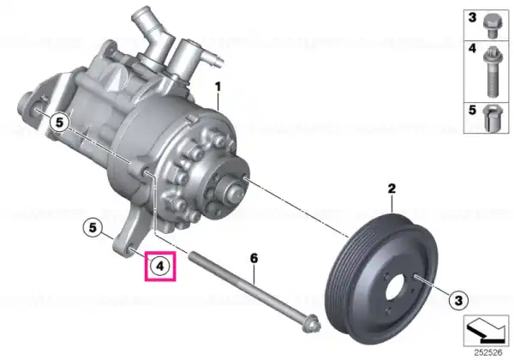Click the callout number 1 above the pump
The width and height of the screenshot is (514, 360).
click(x=218, y=87)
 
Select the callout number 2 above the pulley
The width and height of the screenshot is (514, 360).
click(x=391, y=189)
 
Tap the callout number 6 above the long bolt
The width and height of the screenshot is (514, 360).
click(x=254, y=259)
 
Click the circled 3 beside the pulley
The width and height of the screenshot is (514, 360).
click(x=458, y=300)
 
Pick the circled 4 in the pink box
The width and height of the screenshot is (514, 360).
click(x=160, y=266)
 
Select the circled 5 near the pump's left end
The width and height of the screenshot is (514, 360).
click(x=59, y=123)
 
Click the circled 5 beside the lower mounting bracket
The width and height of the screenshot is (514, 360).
click(x=93, y=227)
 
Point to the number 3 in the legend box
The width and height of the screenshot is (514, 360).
click(x=472, y=17)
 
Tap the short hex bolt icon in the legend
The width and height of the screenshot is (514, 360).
click(x=492, y=26)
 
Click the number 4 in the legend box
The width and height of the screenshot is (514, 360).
click(x=472, y=49)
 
